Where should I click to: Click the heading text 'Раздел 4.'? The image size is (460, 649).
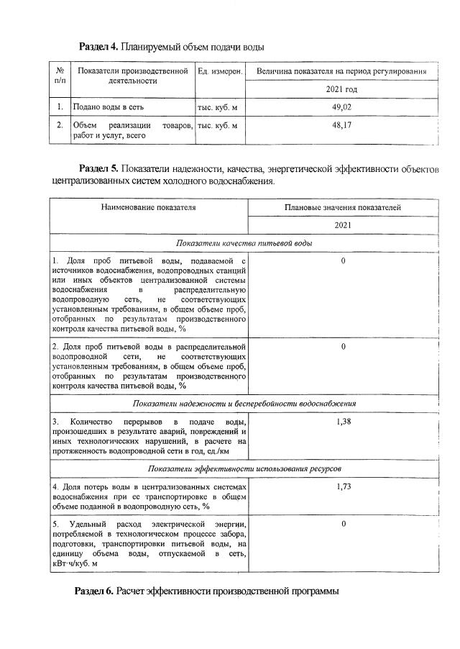[x=98, y=47]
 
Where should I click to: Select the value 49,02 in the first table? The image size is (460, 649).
[x=341, y=107]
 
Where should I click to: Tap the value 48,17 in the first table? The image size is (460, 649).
[x=341, y=125]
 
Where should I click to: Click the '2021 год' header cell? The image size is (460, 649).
[x=341, y=90]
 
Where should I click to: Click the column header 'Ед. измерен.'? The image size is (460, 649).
[x=219, y=72]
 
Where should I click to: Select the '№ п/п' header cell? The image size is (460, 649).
[x=60, y=76]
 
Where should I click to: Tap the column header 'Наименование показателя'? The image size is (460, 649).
[x=148, y=207]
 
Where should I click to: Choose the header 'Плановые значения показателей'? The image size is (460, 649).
[x=342, y=207]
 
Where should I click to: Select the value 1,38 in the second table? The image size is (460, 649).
[x=343, y=421]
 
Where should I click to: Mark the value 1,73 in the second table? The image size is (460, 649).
[x=343, y=487]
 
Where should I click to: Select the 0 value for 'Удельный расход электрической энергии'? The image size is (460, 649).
[x=343, y=523]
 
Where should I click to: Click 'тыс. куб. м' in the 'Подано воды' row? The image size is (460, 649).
[x=217, y=107]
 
